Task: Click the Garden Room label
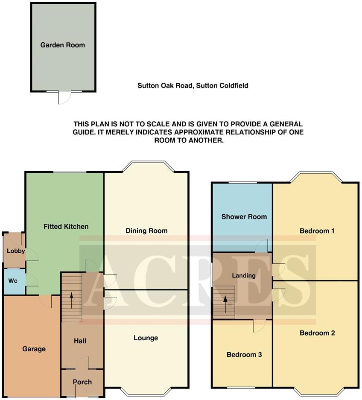coord(63,45)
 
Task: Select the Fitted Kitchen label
coord(66,226)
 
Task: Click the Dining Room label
coord(146,231)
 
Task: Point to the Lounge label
coord(146,338)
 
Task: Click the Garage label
coord(34,349)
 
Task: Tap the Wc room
coord(13,281)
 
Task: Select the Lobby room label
coord(13,251)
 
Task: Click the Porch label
coord(82,382)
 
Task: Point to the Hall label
coord(80,341)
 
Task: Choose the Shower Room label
coord(244,216)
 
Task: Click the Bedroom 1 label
coord(317,231)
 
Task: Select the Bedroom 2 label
coord(317,333)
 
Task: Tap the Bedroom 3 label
coord(244,354)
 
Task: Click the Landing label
coord(243,275)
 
